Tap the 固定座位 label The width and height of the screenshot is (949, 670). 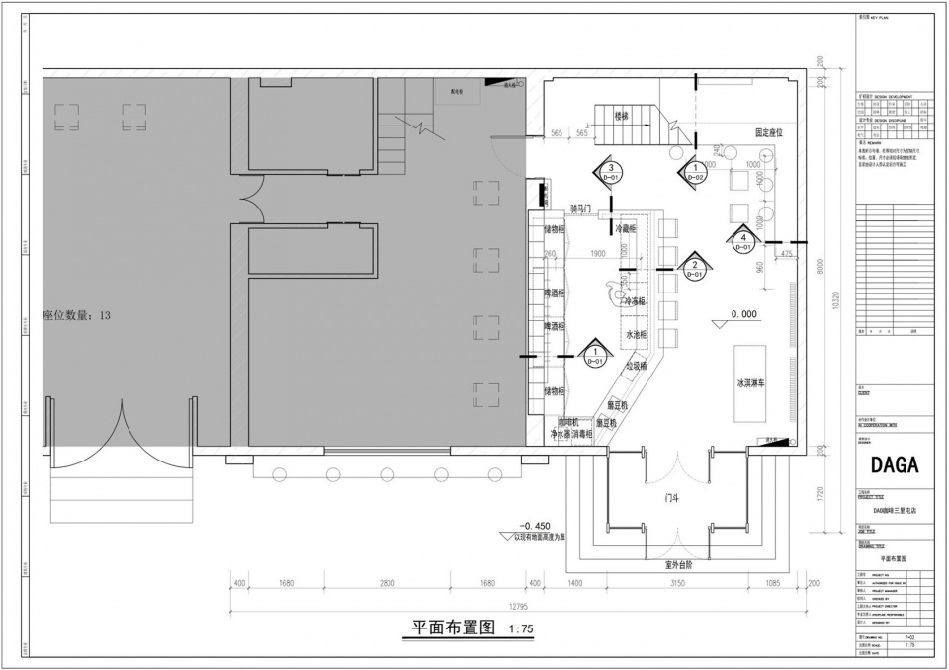point(769,131)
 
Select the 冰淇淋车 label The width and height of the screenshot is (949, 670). point(752,382)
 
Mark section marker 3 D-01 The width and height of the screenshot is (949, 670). point(612,172)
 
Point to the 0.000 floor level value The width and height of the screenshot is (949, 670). point(743,314)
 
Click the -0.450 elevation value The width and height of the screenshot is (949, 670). point(534,525)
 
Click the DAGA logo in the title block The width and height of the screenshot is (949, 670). point(895,464)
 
